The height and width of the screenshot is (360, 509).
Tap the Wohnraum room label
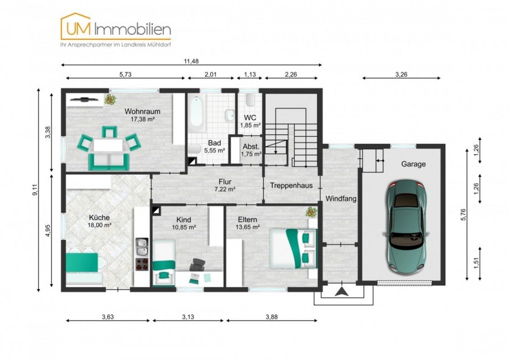143,112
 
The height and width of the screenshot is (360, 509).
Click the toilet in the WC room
250,100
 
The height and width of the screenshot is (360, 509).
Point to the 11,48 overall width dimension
191,61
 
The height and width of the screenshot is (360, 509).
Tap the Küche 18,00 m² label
100,221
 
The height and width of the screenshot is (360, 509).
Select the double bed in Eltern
293,248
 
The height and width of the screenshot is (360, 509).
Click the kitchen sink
142,247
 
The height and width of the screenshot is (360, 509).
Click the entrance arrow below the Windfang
342,291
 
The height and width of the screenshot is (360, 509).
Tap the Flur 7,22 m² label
225,185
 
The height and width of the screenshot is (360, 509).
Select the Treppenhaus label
291,185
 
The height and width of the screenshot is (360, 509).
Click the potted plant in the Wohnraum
110,99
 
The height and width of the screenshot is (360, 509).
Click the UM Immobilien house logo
76,27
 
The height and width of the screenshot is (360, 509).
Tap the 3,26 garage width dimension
401,74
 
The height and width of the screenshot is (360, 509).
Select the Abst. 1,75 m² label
251,150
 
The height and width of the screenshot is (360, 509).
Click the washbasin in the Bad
230,115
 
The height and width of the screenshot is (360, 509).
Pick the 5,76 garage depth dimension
463,215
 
